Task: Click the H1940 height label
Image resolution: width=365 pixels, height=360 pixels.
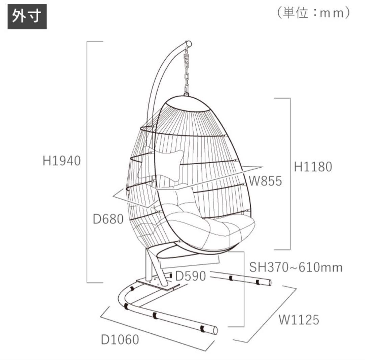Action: pyautogui.click(x=62, y=161)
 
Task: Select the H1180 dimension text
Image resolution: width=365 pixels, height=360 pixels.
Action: pyautogui.click(x=313, y=167)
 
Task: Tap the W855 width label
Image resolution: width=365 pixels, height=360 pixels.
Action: pyautogui.click(x=265, y=181)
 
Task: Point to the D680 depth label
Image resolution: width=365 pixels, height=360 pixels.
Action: pyautogui.click(x=108, y=219)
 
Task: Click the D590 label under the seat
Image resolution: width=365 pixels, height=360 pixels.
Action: pyautogui.click(x=190, y=276)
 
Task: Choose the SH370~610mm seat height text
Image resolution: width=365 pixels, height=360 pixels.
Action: pyautogui.click(x=296, y=267)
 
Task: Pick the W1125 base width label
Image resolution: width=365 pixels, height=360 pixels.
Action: pyautogui.click(x=299, y=319)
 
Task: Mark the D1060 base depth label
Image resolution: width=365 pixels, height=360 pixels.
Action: pyautogui.click(x=120, y=339)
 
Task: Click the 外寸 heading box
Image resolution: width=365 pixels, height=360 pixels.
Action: pyautogui.click(x=27, y=17)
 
